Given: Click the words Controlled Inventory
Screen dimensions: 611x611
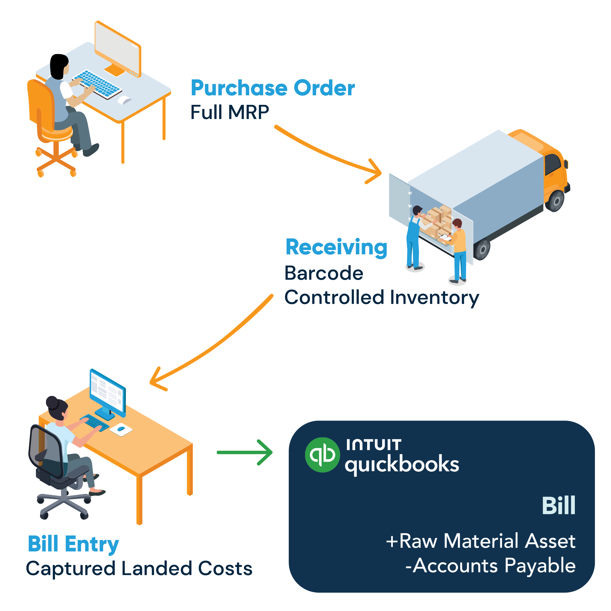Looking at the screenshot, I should [382, 298].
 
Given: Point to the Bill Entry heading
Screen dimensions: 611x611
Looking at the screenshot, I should [73, 544].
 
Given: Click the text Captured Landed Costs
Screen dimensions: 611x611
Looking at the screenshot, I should [139, 568].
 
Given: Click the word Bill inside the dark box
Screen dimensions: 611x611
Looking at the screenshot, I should [558, 506].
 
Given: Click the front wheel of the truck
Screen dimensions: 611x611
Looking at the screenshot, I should [556, 200].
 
